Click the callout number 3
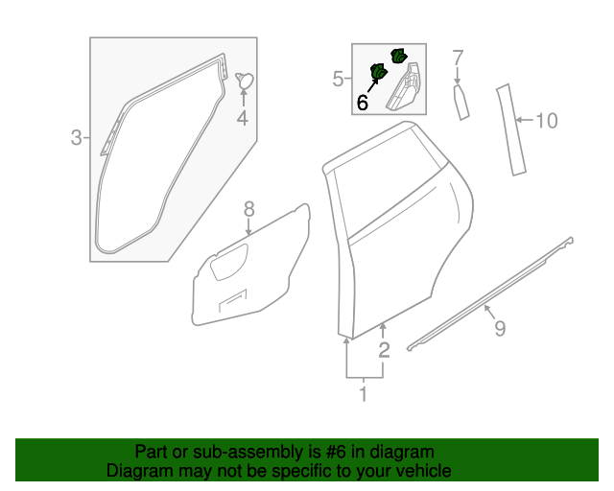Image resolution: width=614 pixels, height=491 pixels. click(x=77, y=138)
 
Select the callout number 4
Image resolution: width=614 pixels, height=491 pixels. click(x=243, y=119)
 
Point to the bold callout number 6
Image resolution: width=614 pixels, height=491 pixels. click(x=362, y=102)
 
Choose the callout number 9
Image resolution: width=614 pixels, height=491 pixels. click(x=500, y=329)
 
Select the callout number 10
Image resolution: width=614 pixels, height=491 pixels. click(x=546, y=121)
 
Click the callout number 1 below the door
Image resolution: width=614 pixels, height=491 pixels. click(x=364, y=393)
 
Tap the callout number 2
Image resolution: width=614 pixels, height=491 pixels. click(x=384, y=350)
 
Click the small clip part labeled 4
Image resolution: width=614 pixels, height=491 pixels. click(x=244, y=82)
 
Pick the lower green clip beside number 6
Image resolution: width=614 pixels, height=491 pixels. click(x=378, y=72)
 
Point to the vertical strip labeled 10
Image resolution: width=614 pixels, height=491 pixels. click(x=510, y=130)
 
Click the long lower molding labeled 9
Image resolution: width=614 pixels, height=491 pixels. click(x=489, y=292)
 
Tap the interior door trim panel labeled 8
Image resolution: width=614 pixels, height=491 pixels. click(x=251, y=267)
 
